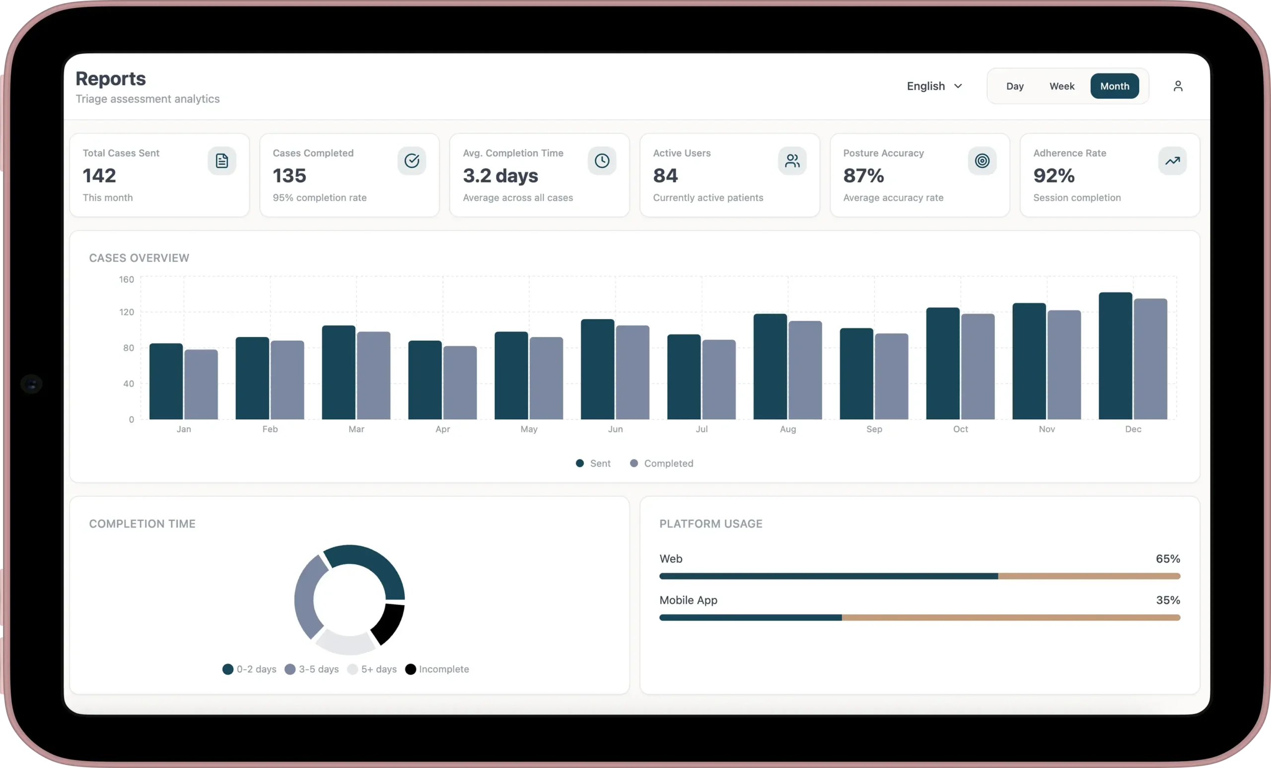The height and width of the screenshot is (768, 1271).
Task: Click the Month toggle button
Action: [1114, 86]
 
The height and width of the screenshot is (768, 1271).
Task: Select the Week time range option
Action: [1061, 86]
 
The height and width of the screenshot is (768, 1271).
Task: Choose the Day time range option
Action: [1015, 86]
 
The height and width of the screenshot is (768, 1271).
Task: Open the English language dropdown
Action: [934, 86]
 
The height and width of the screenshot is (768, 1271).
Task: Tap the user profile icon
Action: [1178, 86]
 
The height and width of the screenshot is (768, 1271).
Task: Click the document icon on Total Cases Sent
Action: [222, 161]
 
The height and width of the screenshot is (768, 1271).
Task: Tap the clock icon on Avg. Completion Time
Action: [601, 161]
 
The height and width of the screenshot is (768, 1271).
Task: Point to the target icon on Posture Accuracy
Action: [982, 161]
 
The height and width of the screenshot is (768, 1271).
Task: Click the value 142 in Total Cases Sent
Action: [100, 176]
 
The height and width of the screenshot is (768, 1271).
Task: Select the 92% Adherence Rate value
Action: [1054, 176]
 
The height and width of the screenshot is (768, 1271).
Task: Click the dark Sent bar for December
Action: [1115, 356]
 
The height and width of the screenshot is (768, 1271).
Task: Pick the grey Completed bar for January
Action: [201, 384]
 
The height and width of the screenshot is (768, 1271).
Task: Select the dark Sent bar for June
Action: [597, 369]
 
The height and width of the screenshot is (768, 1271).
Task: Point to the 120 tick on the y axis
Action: [127, 312]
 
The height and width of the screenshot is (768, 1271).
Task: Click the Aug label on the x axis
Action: [787, 429]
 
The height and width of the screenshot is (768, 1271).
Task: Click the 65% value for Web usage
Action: [1167, 559]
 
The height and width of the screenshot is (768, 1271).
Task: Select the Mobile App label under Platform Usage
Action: [688, 600]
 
